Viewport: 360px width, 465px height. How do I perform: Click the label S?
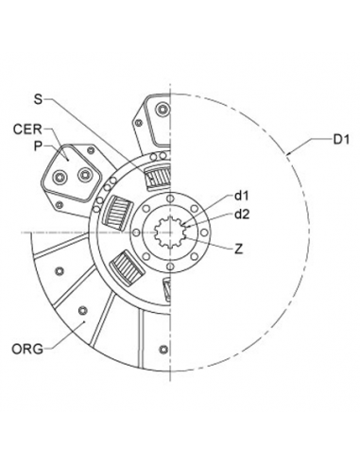point(38,99)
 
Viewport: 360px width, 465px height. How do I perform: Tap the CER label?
point(27,129)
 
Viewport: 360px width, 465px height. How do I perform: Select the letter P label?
point(38,146)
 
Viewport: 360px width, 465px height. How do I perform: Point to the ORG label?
point(27,349)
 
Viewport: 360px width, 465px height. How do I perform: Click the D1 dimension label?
point(341,140)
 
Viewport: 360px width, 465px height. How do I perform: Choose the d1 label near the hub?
point(242,196)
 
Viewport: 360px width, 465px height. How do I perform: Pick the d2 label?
point(242,215)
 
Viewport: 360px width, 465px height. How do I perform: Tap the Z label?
point(239,250)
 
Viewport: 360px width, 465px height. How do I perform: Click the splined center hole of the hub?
point(170,232)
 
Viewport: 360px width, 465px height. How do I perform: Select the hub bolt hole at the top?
point(170,198)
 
